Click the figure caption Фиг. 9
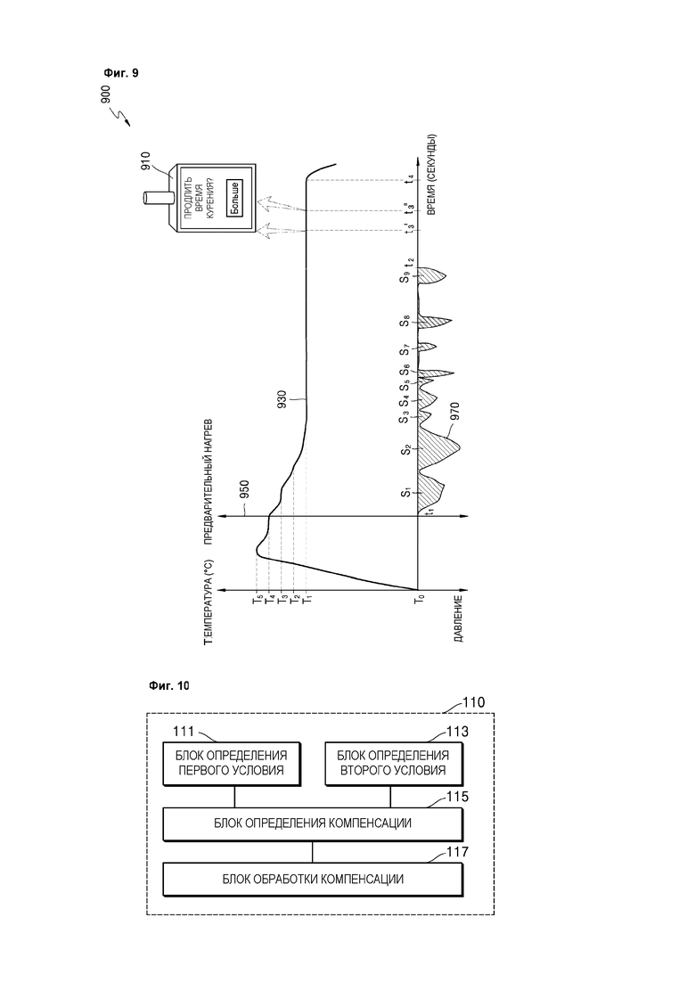pos(121,73)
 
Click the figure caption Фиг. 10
pos(168,686)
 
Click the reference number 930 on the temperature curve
pos(282,398)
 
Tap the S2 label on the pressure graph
pos(406,449)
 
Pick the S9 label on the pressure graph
pos(406,276)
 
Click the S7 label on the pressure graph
pos(406,348)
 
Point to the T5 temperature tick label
pos(257,600)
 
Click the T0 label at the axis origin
pos(421,598)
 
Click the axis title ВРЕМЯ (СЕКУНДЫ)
pos(432,176)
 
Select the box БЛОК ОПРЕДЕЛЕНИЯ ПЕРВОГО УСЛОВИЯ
pos(232,764)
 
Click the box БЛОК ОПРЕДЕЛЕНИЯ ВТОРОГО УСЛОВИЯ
pos(394,764)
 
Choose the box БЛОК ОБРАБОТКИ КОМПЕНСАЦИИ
pos(313,879)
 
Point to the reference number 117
pos(457,852)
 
